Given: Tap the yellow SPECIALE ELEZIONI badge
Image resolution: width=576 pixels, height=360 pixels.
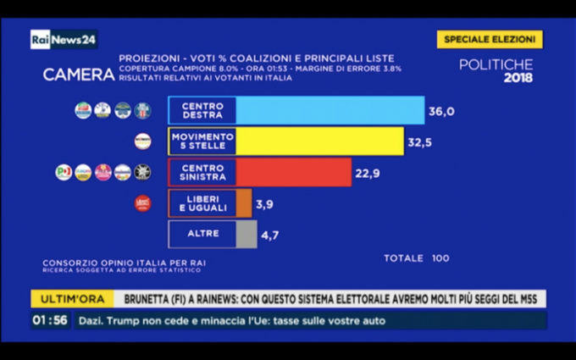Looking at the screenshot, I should point(490,40).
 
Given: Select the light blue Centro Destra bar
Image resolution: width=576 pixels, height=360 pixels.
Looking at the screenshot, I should point(330,111).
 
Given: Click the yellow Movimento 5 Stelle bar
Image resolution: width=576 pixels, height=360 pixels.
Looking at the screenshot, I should point(319,141).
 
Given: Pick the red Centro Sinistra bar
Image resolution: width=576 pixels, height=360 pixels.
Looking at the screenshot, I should point(293,172).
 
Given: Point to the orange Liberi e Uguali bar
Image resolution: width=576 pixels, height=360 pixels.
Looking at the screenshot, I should point(243,203).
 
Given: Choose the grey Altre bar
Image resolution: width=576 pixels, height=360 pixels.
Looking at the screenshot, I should point(246,234).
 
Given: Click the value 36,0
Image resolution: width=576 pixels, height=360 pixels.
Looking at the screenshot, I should point(443,111).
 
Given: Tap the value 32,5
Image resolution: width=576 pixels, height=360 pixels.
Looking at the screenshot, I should point(420,142).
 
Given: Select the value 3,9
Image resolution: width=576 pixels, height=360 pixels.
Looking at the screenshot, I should point(264,204).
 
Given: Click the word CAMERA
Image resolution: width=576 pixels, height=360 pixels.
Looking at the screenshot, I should point(79,75).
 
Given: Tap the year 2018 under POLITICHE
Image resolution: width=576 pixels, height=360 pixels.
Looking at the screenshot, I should point(518,78).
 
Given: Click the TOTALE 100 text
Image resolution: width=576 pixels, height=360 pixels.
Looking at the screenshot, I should point(417,258).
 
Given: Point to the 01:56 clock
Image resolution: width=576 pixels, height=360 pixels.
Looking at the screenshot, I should point(51,320).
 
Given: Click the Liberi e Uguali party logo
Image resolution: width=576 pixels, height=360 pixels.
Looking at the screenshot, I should point(143,203).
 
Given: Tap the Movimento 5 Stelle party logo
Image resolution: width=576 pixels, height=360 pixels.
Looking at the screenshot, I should point(142,141).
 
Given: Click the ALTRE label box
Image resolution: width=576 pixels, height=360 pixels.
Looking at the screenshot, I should point(202,234).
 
